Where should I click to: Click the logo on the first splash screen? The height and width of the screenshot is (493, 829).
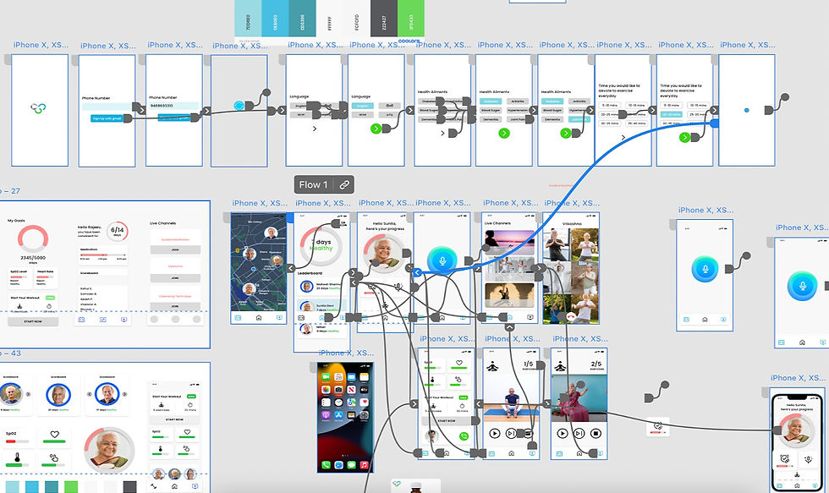tap(36, 108)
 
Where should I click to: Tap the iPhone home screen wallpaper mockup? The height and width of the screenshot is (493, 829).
tap(345, 417)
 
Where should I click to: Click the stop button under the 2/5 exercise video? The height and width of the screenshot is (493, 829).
tap(596, 434)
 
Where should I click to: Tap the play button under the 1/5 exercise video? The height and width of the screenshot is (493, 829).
tap(494, 434)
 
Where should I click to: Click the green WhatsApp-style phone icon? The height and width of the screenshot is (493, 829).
tap(463, 436)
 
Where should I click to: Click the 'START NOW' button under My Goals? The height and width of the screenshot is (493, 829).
tap(33, 321)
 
